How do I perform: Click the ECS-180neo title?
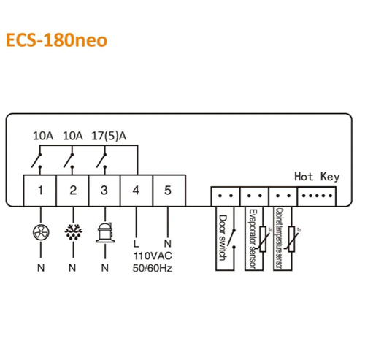[56, 40]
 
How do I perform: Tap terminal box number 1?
[40, 191]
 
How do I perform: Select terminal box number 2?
[73, 191]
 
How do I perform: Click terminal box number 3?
[104, 191]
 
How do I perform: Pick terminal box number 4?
[137, 191]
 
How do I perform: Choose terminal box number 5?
[169, 191]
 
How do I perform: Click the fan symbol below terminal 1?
[41, 232]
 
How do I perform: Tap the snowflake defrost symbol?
[73, 232]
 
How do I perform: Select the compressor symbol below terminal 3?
[105, 232]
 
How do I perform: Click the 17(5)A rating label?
[109, 136]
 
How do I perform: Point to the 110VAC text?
[153, 256]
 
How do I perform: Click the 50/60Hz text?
[153, 268]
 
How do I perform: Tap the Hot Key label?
[317, 177]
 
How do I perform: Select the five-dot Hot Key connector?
[317, 196]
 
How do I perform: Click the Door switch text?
[223, 237]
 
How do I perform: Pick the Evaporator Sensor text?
[253, 239]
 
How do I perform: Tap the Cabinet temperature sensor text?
[279, 238]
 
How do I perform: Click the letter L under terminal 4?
[136, 243]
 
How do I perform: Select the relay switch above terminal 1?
[36, 161]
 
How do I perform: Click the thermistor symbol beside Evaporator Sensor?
[263, 239]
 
